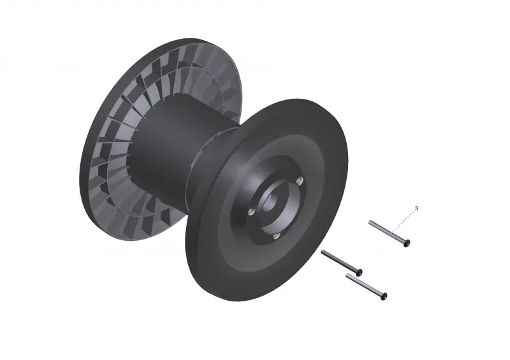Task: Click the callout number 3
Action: click(x=416, y=208)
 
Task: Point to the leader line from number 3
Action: click(x=404, y=222)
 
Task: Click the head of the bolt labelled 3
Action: click(x=407, y=243)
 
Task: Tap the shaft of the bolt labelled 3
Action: click(x=387, y=231)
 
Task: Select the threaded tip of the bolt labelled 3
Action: click(x=370, y=222)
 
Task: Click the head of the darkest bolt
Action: click(x=359, y=272)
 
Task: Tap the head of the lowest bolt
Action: click(x=384, y=296)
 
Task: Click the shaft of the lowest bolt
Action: click(x=364, y=285)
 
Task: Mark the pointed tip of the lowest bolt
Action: click(x=347, y=275)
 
